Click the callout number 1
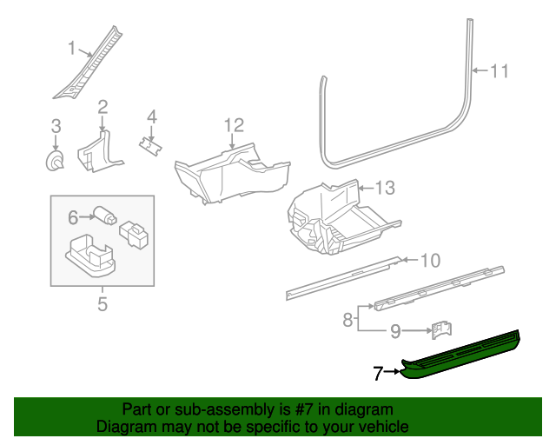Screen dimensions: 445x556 tap(72, 50)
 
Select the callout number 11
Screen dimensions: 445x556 tap(498, 71)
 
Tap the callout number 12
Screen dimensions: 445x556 tap(234, 126)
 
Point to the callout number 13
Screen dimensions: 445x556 tap(384, 187)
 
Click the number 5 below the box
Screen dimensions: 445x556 tap(102, 303)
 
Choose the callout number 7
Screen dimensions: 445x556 tap(378, 374)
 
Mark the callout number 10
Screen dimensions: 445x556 tap(431, 260)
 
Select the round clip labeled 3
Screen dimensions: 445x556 tap(56, 161)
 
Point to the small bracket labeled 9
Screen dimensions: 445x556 tap(442, 330)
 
